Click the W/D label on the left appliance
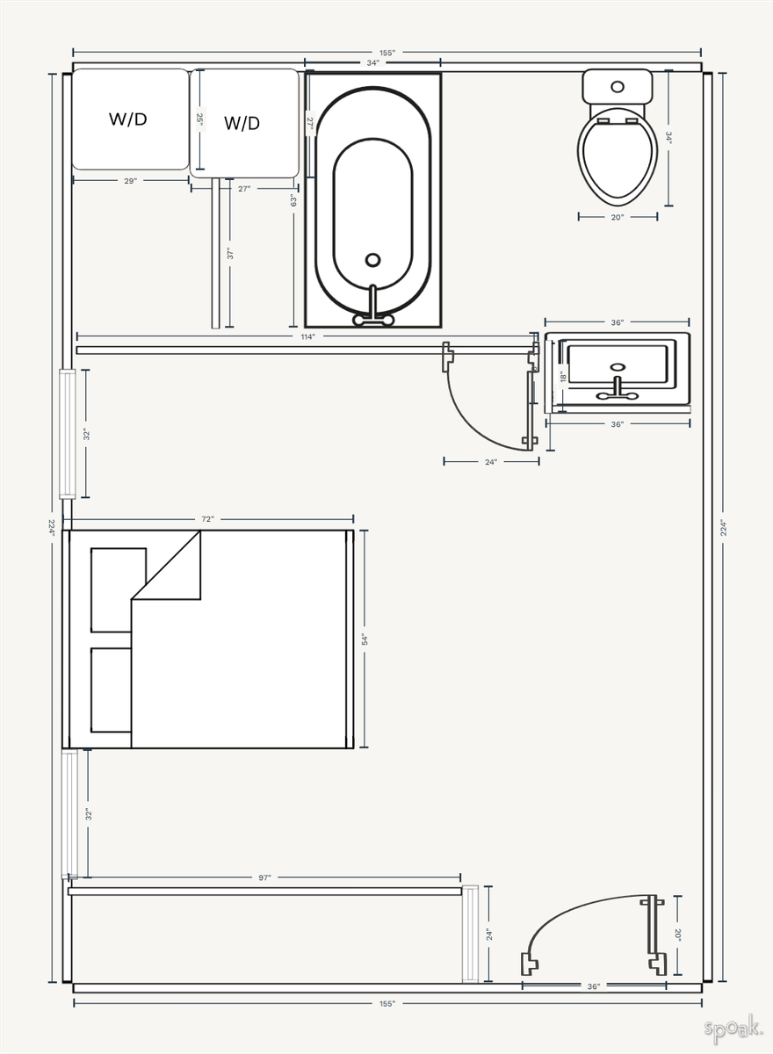[x=127, y=119]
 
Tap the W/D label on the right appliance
[x=242, y=123]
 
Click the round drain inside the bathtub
[x=372, y=260]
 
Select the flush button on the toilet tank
[x=618, y=87]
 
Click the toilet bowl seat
[x=618, y=156]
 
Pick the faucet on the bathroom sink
[x=618, y=391]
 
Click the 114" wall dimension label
[x=307, y=336]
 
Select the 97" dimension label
[x=265, y=877]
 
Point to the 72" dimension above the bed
[x=207, y=519]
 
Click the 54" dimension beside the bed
[x=365, y=639]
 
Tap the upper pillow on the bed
[x=118, y=589]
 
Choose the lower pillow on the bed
[x=111, y=689]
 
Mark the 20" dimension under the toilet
[x=617, y=217]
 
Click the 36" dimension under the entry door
[x=594, y=986]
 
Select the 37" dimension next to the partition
[x=230, y=254]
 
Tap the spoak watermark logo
[x=732, y=1029]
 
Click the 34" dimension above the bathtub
[x=373, y=63]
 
